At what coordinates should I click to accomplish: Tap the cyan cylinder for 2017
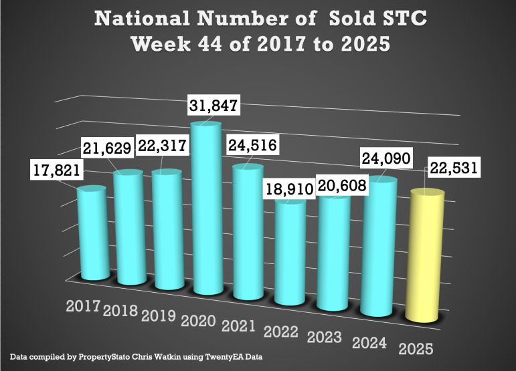pos(93,234)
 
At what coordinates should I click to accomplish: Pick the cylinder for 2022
pos(291,251)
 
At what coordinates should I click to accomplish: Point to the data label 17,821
pos(56,171)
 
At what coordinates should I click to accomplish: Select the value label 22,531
pos(454,168)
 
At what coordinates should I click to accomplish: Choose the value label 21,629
pos(107,147)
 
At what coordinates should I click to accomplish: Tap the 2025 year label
pos(415,349)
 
